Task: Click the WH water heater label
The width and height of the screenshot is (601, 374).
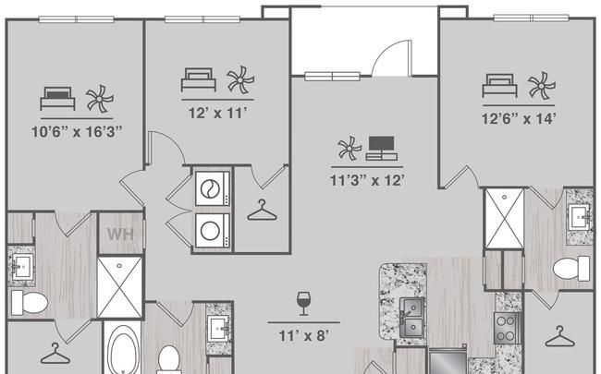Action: pos(120,234)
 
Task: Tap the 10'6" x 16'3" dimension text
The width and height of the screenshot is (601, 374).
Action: pos(77,132)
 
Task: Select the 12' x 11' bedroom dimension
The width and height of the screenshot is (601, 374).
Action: pos(217,113)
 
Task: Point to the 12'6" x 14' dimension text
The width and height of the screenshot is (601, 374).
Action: pos(519,119)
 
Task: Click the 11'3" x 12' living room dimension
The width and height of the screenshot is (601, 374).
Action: pos(367,180)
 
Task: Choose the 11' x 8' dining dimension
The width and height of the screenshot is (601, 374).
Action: pos(303,336)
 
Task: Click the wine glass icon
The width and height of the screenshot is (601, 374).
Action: pos(303,304)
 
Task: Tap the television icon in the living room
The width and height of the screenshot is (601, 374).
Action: pos(381,148)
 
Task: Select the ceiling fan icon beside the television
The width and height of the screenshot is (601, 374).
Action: pos(350,148)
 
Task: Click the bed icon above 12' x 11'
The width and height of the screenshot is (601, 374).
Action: pos(199,79)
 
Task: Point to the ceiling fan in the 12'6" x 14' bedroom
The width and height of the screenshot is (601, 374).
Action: pos(541,86)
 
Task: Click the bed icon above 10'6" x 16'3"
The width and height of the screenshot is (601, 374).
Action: pos(57,99)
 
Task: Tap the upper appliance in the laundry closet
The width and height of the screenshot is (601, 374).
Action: pos(213,188)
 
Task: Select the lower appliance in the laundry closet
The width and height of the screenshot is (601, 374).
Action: pos(213,231)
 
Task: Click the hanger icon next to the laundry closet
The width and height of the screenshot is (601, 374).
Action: pos(262,211)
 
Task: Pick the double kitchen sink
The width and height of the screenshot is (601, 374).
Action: pos(411,318)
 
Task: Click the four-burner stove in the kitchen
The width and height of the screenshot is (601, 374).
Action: pos(507,328)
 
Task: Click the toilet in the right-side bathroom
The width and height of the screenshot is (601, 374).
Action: pos(571,269)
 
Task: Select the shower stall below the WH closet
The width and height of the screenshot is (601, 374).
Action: pos(119,287)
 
